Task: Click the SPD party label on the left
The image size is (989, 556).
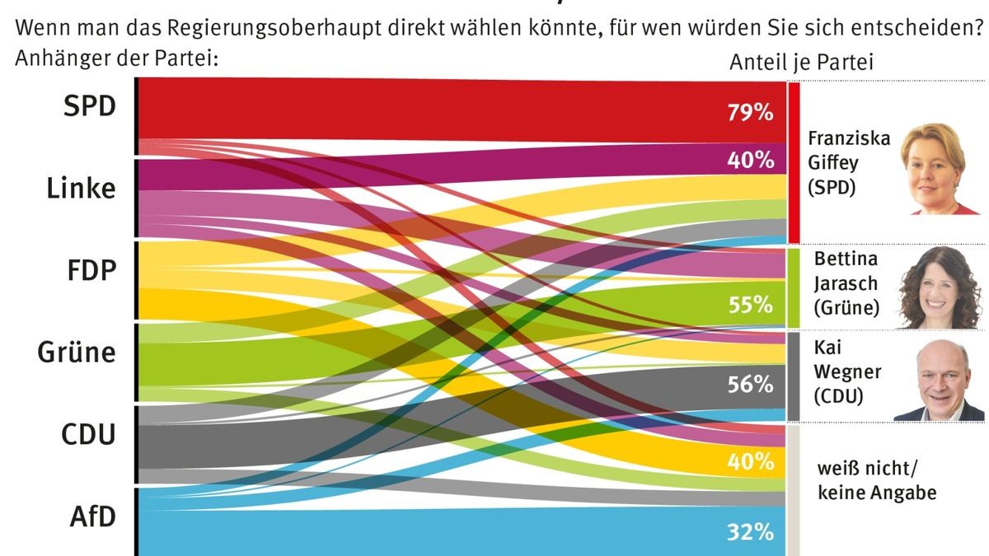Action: point(89,106)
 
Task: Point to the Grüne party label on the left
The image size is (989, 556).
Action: point(77,353)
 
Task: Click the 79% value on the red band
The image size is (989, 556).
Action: point(749,112)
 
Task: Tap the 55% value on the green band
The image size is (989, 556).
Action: point(749,304)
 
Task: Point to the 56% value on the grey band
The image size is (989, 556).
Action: point(749,384)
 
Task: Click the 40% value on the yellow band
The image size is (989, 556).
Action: point(749,461)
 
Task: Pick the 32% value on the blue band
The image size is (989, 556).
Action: point(749,532)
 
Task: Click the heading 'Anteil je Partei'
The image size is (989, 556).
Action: point(800,63)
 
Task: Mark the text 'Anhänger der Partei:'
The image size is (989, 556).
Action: point(115,58)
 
